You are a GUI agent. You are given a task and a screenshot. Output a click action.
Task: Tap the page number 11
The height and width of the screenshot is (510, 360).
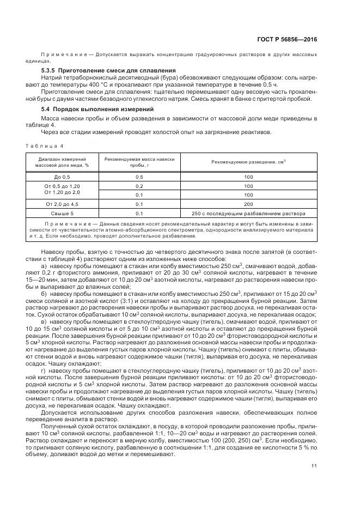click(314, 465)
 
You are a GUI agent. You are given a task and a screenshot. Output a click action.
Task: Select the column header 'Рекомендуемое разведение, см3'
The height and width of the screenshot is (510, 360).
click(248, 162)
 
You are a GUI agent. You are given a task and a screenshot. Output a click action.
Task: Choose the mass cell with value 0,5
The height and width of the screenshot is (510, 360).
click(139, 178)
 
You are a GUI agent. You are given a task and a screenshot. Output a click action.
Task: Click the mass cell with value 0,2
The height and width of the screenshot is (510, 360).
click(139, 186)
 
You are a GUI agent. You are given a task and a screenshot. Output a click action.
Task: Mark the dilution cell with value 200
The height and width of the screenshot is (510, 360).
click(248, 204)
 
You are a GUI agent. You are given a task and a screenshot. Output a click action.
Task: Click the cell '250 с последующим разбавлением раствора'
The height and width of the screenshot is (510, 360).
click(248, 213)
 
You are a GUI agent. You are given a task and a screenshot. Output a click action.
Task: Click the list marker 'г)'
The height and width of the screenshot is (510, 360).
click(44, 370)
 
